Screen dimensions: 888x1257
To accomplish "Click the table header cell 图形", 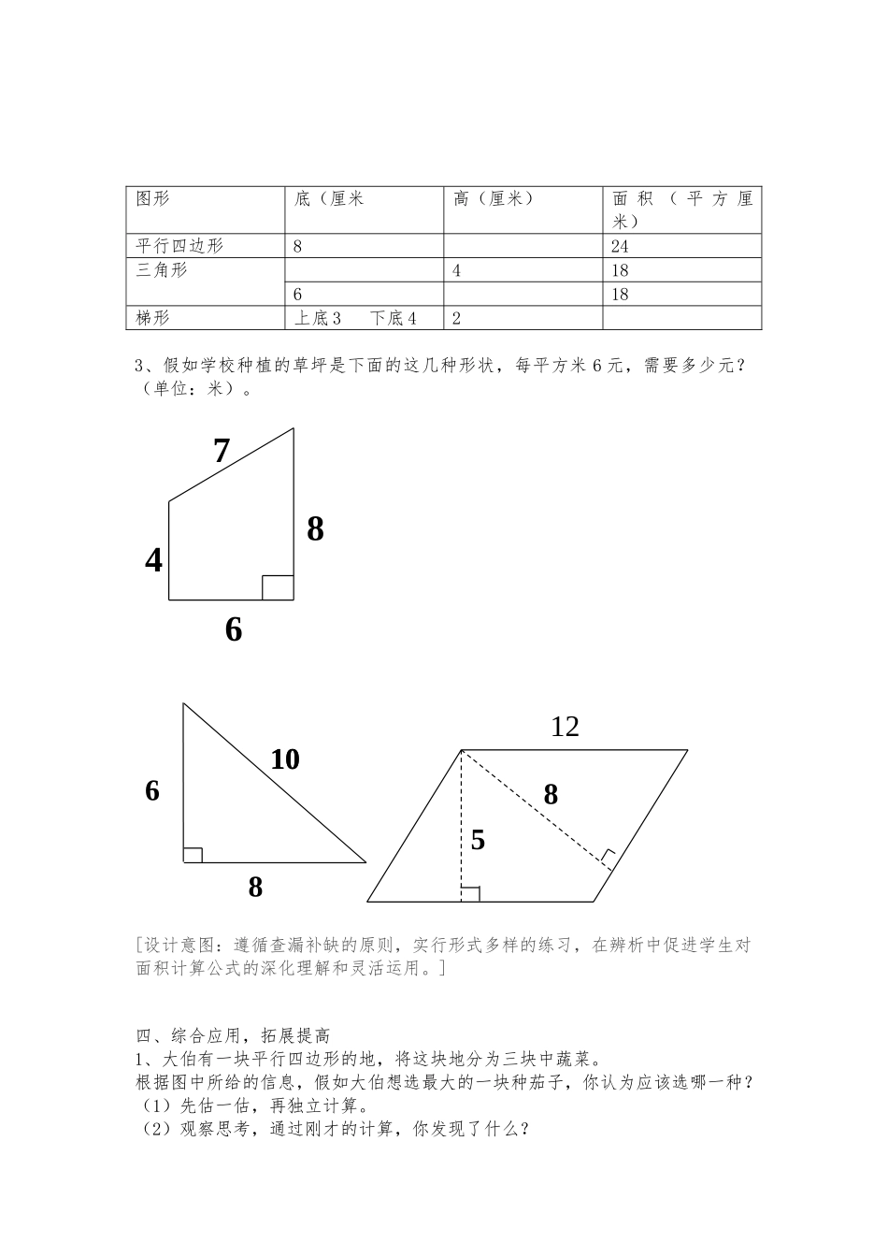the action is click(153, 199).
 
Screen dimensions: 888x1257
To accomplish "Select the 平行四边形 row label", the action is click(179, 246).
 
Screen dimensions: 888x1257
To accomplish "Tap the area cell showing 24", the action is click(620, 247).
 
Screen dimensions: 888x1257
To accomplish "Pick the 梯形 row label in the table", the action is click(153, 318).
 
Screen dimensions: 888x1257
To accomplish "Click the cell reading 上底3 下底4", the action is click(355, 318).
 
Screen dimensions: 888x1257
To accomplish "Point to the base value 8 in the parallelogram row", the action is click(297, 247).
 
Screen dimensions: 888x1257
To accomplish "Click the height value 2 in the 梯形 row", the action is click(456, 318).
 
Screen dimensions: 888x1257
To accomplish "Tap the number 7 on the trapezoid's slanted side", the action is click(222, 452).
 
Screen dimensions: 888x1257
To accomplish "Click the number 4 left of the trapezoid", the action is click(154, 561).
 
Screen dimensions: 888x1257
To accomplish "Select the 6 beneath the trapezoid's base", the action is click(234, 630).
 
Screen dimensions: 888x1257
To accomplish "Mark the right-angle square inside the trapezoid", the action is click(278, 587).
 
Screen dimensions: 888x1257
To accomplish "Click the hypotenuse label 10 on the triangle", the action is click(285, 759).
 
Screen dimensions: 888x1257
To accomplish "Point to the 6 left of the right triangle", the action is click(152, 791).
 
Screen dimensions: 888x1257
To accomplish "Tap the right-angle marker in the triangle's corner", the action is click(193, 854).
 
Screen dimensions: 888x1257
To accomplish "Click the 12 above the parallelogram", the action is click(565, 727).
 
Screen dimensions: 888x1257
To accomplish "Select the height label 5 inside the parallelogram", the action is click(478, 840).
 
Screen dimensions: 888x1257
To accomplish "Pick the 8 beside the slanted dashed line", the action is click(551, 794).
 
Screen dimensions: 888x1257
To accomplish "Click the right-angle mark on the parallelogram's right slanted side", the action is click(609, 858).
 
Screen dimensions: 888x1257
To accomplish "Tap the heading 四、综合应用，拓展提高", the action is click(233, 1035).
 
